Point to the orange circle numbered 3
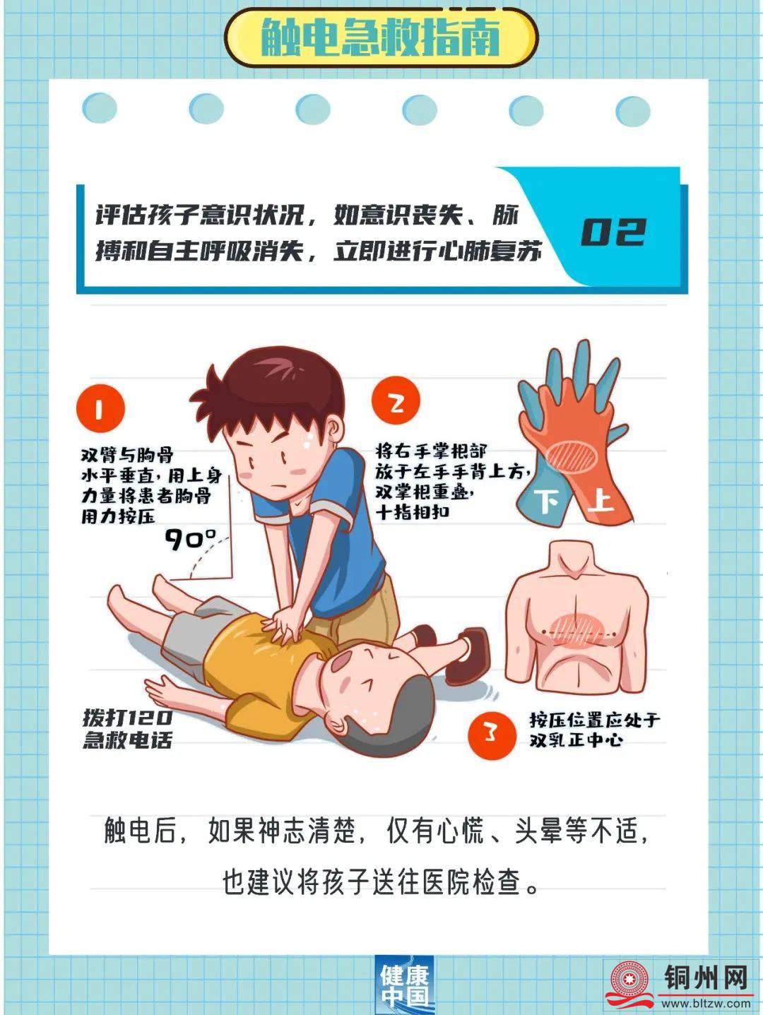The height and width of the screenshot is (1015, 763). coord(491,735)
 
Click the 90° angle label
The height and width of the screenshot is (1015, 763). coord(191,539)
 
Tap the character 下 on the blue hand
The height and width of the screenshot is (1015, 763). coord(546,500)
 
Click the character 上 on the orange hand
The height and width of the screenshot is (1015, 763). coord(601,501)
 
